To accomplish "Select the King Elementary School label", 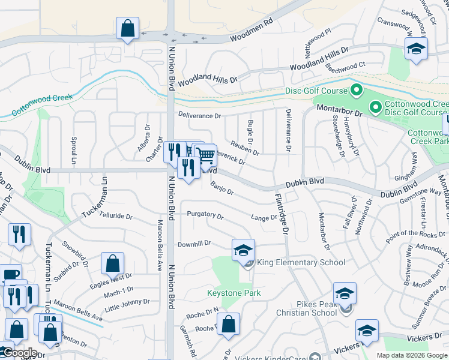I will pos(301,262).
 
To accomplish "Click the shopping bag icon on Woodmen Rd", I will pos(128,28).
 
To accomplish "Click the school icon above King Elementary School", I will pos(244,250).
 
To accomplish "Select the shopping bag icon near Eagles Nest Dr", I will pos(112,263).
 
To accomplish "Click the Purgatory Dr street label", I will pos(205,215).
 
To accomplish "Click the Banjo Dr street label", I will pos(221,188).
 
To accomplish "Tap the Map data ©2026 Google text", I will pos(412,355).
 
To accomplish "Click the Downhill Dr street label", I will pos(194,244).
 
